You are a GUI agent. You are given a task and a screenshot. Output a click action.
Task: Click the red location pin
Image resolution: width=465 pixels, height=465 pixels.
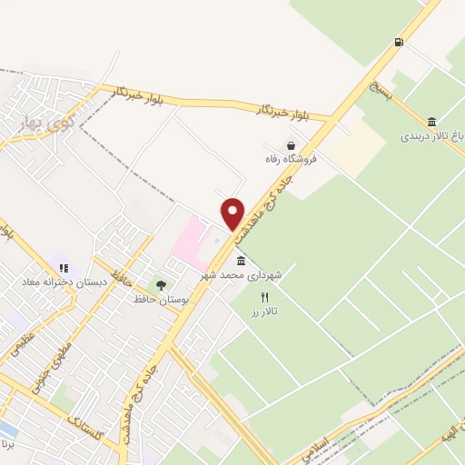[x=233, y=213]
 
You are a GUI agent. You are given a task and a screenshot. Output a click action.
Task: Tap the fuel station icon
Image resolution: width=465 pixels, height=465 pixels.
[x=399, y=42]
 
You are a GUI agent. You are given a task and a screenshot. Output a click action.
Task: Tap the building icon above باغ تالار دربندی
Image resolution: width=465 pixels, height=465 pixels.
[x=431, y=122]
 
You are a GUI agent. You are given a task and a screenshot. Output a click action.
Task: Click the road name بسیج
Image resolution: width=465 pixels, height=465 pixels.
[x=381, y=90]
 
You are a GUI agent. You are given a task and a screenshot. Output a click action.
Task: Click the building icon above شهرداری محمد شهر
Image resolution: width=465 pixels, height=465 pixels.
[x=240, y=261]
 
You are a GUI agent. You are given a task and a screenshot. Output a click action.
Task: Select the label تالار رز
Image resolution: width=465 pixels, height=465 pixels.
[x=265, y=312]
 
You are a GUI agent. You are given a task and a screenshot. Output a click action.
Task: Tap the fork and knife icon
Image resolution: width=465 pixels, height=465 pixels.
[x=265, y=297]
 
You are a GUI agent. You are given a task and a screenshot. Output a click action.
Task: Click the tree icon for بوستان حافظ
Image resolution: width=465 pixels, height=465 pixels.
[x=161, y=285]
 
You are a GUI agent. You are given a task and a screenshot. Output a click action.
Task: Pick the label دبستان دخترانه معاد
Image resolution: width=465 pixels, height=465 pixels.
[x=65, y=282]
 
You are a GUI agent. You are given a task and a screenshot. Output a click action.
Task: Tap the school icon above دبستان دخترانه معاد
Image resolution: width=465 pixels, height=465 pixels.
[x=64, y=268]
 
